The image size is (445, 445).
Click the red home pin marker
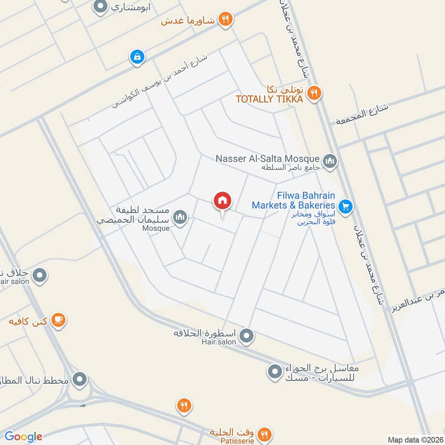[x=222, y=201]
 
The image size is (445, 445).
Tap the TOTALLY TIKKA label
[x=269, y=99]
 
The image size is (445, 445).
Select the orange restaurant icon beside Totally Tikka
[x=314, y=93]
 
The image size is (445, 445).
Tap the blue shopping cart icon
[x=345, y=206]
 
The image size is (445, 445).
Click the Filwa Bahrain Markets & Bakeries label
[x=293, y=201]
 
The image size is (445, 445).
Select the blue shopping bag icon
[x=136, y=56]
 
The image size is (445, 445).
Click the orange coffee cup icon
[x=58, y=320]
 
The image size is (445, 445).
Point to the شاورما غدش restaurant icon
[x=225, y=20]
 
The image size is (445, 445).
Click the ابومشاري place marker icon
[x=100, y=7]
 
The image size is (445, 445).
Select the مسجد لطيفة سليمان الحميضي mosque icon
[x=180, y=217]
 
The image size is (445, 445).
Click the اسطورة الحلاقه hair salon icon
[x=248, y=335]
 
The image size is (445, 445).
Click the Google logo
[x=23, y=437]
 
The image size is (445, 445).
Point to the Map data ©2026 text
[x=414, y=439]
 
